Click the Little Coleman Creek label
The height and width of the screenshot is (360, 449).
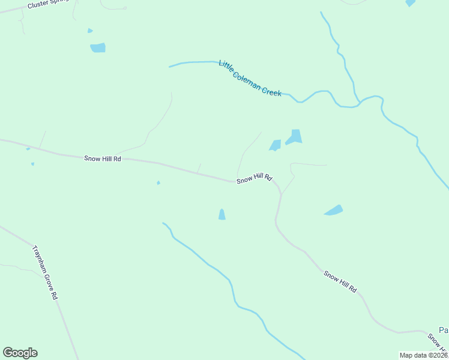point(250,79)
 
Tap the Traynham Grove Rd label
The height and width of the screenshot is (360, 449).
point(45,272)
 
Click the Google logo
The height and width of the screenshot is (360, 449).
point(20,353)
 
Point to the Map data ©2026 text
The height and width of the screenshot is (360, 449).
point(424,355)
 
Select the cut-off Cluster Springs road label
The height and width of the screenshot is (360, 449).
point(49,4)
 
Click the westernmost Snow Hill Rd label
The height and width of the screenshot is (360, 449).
point(103,158)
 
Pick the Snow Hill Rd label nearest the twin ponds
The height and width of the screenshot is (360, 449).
point(255,179)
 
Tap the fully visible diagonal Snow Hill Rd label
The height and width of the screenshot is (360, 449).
point(340,282)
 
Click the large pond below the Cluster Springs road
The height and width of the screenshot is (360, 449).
point(98,47)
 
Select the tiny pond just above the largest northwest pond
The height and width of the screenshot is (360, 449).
point(90,31)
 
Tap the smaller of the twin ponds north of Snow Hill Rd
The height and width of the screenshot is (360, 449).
point(275,145)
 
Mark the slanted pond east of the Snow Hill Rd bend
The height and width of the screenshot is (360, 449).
point(334,210)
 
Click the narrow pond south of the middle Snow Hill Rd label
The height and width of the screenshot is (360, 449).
point(221,214)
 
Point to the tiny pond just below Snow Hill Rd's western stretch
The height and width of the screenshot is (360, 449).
point(158,183)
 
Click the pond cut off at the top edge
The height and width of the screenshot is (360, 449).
point(410,3)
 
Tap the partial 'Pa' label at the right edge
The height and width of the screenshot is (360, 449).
point(443,330)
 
